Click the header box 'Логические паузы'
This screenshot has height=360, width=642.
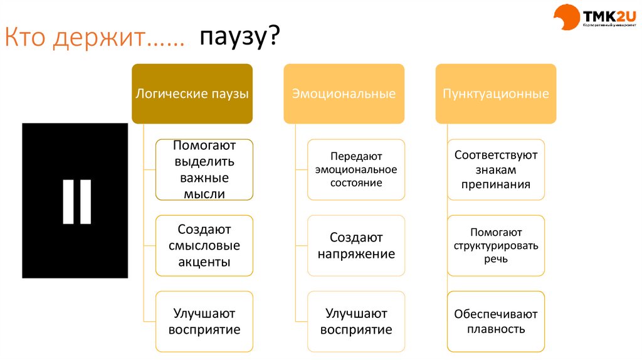(x=192, y=94)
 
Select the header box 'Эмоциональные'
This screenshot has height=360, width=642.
(x=344, y=94)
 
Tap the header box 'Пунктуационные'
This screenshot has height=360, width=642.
(x=496, y=94)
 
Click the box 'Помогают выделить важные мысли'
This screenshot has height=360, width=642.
(x=204, y=170)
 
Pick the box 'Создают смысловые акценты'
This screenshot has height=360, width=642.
(x=204, y=246)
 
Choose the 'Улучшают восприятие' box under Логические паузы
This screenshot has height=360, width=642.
(x=204, y=321)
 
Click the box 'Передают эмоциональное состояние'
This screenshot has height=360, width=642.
(x=356, y=170)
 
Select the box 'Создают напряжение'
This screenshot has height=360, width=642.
(x=356, y=246)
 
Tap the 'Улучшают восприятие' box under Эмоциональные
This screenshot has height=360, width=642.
(x=356, y=321)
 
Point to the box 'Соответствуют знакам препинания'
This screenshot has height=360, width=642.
(x=496, y=170)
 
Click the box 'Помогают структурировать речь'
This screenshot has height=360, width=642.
(x=496, y=246)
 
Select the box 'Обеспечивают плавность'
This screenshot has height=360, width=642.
(x=496, y=321)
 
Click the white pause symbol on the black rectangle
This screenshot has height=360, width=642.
(x=76, y=201)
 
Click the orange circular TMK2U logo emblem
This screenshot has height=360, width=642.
(x=566, y=18)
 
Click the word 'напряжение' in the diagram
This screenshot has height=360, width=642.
(x=356, y=254)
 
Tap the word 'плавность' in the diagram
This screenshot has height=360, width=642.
(x=496, y=329)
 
